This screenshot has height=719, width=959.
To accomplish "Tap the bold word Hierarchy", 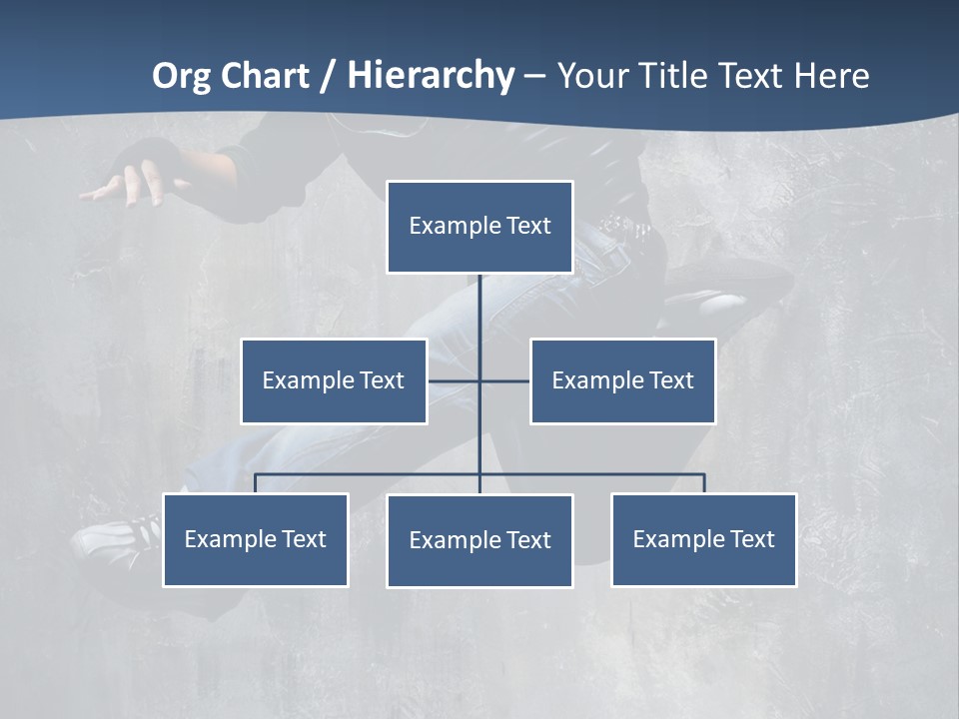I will tap(431, 76).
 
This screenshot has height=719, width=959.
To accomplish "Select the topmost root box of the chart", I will tap(479, 227).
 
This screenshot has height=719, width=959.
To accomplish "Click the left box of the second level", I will tap(334, 380).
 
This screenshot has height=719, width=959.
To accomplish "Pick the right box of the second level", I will tap(623, 380).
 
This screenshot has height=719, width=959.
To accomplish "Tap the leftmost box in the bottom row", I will tap(256, 539).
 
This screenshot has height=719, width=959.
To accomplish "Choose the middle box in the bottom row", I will tap(479, 540).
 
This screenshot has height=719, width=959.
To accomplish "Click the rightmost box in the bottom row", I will tap(704, 539).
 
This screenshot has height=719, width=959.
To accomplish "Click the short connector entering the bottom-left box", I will tap(256, 483).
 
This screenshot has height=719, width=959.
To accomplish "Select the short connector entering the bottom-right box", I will tap(704, 483).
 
